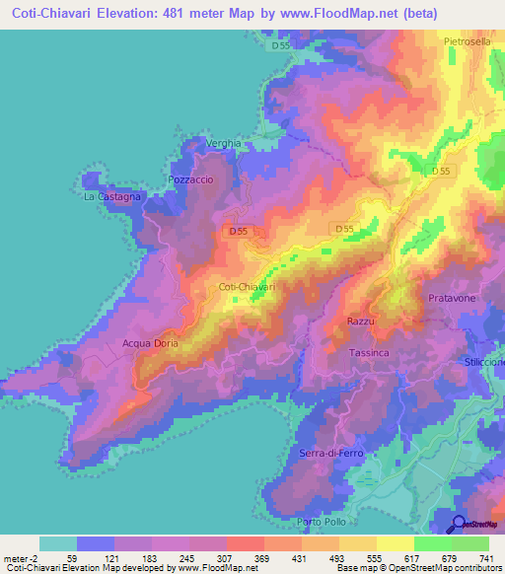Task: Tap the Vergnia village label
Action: [223, 144]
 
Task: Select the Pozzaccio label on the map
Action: [191, 181]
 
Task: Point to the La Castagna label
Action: [111, 197]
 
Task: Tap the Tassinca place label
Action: [370, 352]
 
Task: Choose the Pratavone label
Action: [454, 297]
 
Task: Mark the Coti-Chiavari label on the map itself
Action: [246, 287]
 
